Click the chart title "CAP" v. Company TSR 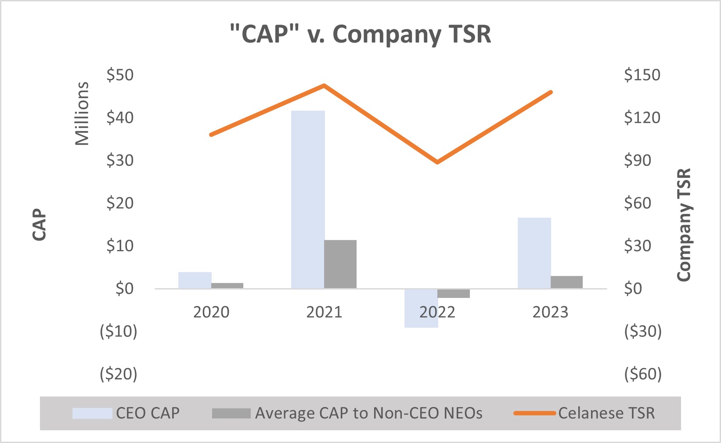coord(360,34)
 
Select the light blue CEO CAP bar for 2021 coord(308,200)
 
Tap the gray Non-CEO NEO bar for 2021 coord(340,264)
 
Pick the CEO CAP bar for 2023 coord(534,253)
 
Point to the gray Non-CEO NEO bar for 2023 coord(566,282)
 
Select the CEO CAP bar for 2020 coord(195,280)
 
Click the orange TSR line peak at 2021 coord(324,86)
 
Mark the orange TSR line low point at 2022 coord(437,162)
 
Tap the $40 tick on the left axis coord(120,118)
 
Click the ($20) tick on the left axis coord(119,374)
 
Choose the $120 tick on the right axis coord(642,118)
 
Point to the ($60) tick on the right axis coord(643,374)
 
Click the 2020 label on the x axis coord(211,312)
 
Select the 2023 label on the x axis coord(550,312)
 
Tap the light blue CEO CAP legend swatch coord(92,413)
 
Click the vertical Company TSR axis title coord(684,225)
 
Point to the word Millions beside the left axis coord(82,113)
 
